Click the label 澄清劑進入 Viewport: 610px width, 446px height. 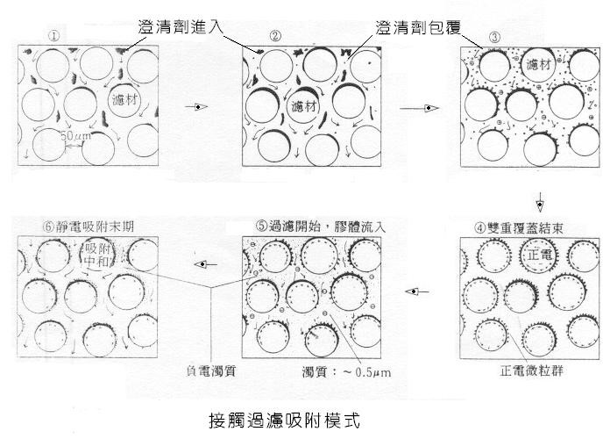click(x=181, y=27)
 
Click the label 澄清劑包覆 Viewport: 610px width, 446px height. click(x=419, y=27)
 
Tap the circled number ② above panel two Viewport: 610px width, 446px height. click(x=275, y=37)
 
